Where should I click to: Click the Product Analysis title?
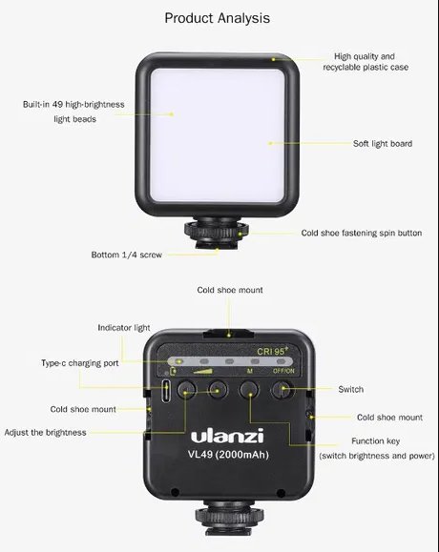click(217, 18)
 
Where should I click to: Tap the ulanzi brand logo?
click(227, 436)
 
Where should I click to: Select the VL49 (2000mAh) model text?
click(228, 455)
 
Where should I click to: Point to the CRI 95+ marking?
click(272, 351)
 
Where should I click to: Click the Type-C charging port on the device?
click(166, 391)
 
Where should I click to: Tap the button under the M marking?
click(249, 390)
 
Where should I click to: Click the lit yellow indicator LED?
click(178, 361)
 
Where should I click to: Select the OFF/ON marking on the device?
click(283, 371)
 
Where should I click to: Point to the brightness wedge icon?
click(203, 371)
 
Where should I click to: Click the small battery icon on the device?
click(173, 371)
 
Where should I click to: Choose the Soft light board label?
click(383, 144)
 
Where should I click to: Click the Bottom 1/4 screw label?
click(127, 255)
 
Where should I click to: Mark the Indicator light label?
click(124, 328)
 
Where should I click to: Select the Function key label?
click(376, 441)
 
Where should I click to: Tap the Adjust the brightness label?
click(45, 432)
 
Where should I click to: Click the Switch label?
click(351, 389)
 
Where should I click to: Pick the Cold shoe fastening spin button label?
click(362, 233)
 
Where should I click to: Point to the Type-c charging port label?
click(80, 363)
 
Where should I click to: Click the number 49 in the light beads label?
click(58, 105)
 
